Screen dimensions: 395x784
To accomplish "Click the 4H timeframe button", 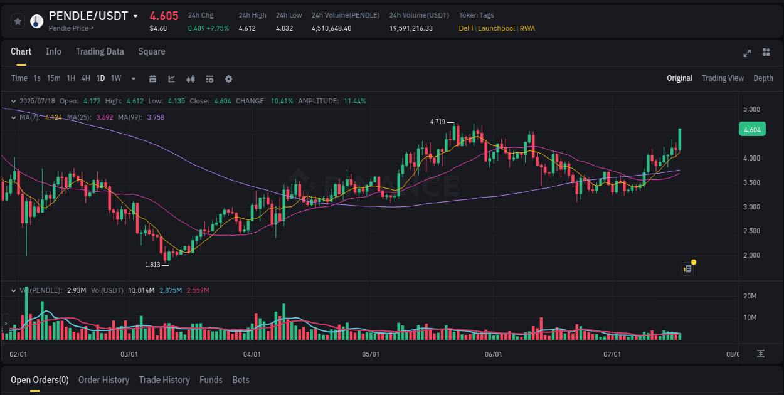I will [x=85, y=78].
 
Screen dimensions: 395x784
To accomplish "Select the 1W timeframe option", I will [x=116, y=78].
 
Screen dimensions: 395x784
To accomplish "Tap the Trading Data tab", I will [x=100, y=51].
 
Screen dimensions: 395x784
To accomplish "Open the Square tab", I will [x=152, y=51].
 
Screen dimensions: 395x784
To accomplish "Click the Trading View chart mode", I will [x=723, y=78].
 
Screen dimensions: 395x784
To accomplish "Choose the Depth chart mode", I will [x=763, y=78].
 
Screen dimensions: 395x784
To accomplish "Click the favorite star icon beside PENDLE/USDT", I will [x=18, y=21].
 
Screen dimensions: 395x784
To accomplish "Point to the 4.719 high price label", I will [x=437, y=122].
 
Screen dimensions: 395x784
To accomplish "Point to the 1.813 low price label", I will [x=152, y=265].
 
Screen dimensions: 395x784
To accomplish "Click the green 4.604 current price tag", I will [x=751, y=130].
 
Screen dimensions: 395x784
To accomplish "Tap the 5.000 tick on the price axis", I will [x=751, y=109].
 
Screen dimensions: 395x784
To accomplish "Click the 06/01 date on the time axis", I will [x=494, y=354].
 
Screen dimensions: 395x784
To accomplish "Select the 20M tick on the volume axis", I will [x=750, y=296].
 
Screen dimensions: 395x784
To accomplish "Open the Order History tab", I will [x=103, y=380].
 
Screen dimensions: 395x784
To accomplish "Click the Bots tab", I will [x=241, y=380].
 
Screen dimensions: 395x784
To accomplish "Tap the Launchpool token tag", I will [x=497, y=28].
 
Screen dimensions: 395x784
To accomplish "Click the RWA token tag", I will [x=527, y=28].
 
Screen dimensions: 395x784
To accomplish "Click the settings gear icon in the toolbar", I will [x=228, y=79].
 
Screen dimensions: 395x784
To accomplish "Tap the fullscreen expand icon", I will [x=747, y=53].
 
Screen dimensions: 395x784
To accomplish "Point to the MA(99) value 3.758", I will [x=156, y=117].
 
